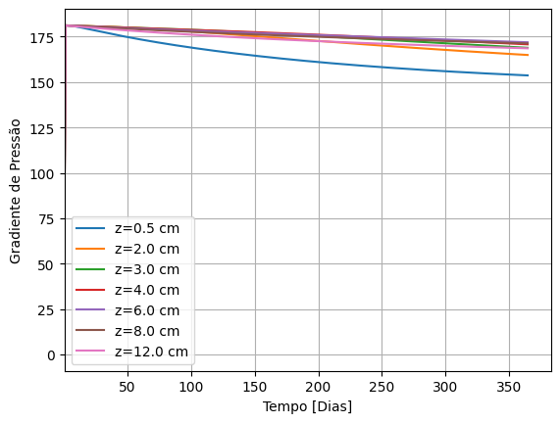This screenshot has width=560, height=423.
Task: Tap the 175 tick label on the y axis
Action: pyautogui.click(x=42, y=38)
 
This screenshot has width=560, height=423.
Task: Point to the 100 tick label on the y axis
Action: pyautogui.click(x=42, y=173)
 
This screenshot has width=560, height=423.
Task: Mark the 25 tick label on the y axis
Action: pyautogui.click(x=46, y=309)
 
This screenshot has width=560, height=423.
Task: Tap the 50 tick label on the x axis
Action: pyautogui.click(x=127, y=388)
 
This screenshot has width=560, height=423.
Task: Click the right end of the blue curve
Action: pyautogui.click(x=529, y=75)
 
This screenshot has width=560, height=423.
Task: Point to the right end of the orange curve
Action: pyautogui.click(x=529, y=55)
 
